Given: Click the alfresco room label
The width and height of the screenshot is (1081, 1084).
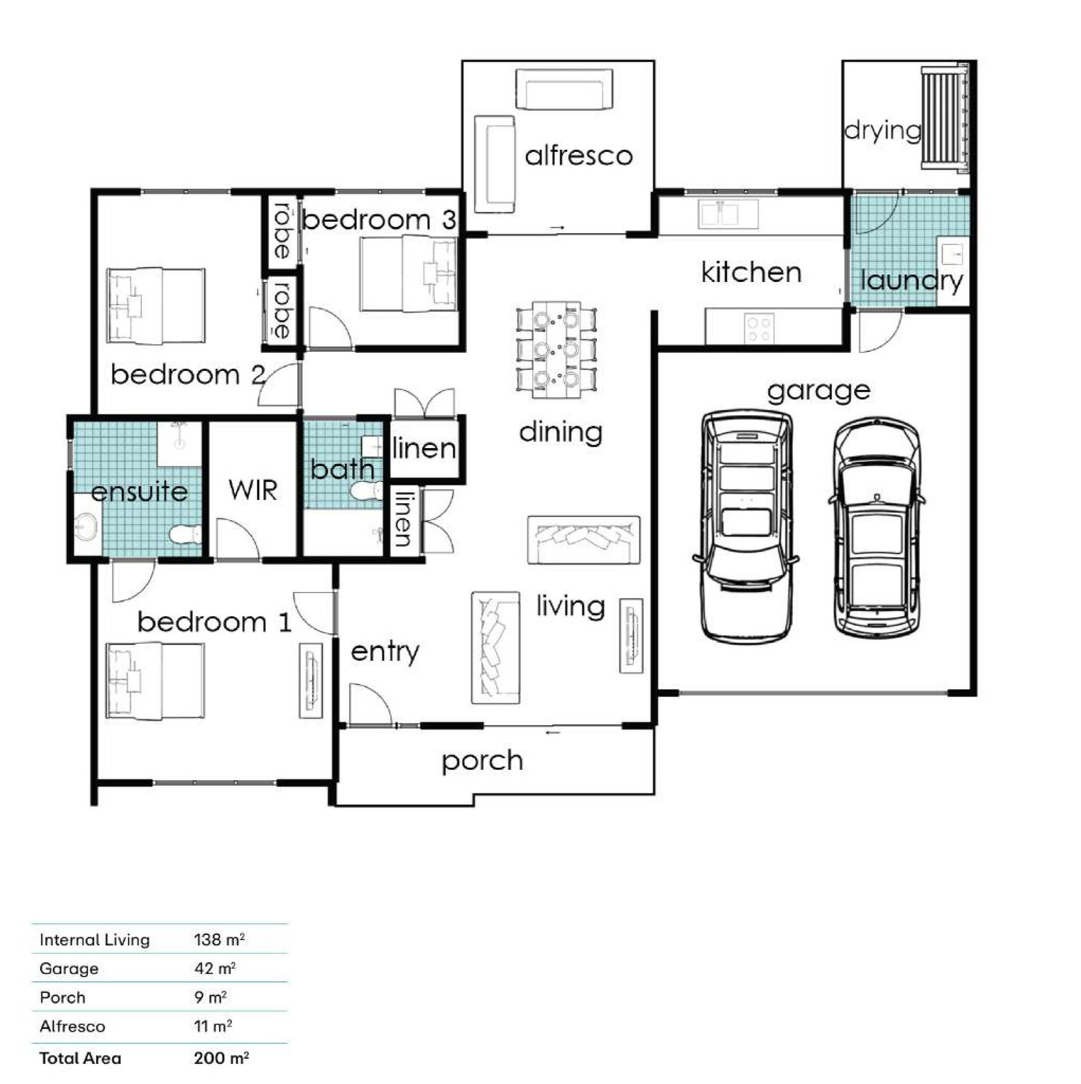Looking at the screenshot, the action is [579, 155].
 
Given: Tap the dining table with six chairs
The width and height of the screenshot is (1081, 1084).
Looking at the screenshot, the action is [556, 350].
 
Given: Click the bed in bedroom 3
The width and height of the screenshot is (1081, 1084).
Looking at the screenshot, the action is [408, 274].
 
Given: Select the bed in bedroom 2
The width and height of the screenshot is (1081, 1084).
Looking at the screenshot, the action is [155, 306].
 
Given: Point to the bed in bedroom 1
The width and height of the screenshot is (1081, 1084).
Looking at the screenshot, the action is [155, 681].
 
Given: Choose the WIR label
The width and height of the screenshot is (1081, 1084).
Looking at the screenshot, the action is [253, 490].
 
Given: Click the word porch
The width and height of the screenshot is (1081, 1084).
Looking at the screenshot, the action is [483, 762].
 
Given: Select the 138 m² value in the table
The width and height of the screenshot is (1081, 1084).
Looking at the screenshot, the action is [219, 939].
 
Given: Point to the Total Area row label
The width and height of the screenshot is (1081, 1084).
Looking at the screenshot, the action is [81, 1058].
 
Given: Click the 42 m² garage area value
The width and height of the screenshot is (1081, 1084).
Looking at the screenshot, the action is [215, 968].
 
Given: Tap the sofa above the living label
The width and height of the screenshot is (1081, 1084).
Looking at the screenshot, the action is [584, 540].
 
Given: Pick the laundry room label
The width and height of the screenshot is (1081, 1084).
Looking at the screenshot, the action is [912, 281].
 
